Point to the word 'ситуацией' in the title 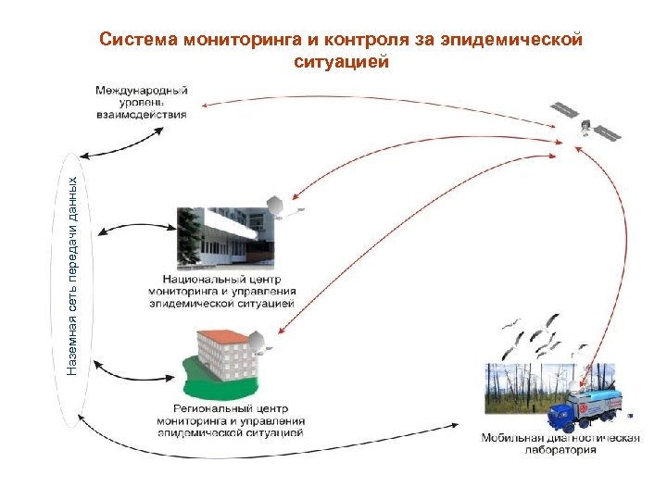pyautogui.click(x=341, y=63)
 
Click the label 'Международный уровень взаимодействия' pyautogui.click(x=142, y=102)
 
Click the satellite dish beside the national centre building pyautogui.click(x=277, y=206)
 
